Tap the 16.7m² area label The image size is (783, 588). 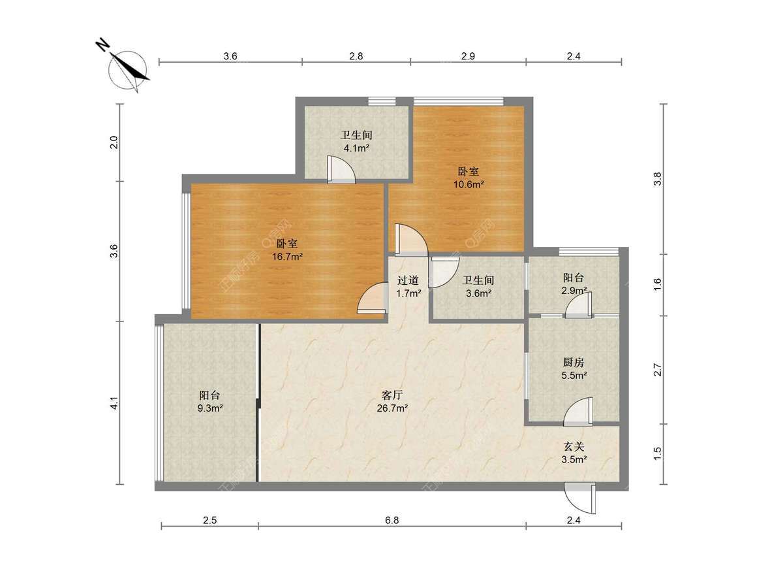tap(287, 256)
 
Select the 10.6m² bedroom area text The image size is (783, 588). tap(468, 184)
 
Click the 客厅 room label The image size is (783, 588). tap(392, 395)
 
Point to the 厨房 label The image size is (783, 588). tap(574, 363)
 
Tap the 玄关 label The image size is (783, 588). tap(574, 446)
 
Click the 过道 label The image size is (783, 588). tap(408, 280)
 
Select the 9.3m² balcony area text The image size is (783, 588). tap(210, 408)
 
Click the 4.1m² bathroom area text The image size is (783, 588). tap(356, 148)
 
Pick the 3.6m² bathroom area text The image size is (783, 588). tap(479, 293)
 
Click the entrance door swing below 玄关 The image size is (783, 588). tap(579, 498)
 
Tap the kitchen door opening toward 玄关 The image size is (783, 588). tap(578, 412)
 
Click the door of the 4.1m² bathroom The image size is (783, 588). tap(341, 170)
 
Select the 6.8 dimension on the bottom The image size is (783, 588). tap(391, 520)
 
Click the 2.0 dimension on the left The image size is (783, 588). tap(114, 143)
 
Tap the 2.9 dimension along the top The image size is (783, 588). tap(468, 56)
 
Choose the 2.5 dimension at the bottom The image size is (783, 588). tap(209, 520)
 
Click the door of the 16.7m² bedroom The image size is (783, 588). tap(373, 298)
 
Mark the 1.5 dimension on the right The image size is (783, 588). tap(658, 453)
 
